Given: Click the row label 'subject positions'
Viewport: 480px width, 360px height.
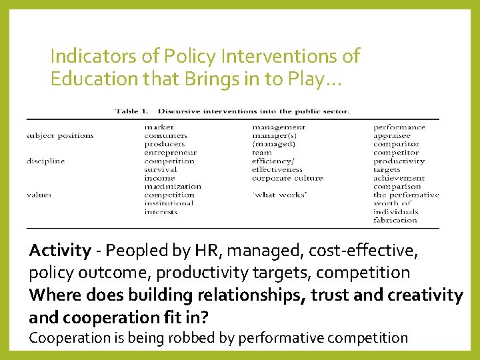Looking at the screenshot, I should click(x=60, y=135).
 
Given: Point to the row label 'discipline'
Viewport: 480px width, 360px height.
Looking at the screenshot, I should click(x=46, y=161).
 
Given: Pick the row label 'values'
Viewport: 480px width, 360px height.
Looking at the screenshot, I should click(x=39, y=195).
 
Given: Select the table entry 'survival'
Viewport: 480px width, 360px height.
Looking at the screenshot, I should click(x=160, y=169).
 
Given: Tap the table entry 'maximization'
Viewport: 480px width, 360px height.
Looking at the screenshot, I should click(x=172, y=187).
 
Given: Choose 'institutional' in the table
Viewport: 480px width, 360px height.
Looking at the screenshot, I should click(x=169, y=203).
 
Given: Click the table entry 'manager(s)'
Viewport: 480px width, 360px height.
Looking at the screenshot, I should click(x=275, y=135).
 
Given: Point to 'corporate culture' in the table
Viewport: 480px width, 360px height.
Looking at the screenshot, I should click(x=287, y=178).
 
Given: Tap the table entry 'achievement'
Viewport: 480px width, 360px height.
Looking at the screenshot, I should click(x=399, y=178).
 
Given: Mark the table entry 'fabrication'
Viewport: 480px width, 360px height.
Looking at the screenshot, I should click(x=395, y=220).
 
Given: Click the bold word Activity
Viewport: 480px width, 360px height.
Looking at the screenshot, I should click(x=60, y=251).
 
